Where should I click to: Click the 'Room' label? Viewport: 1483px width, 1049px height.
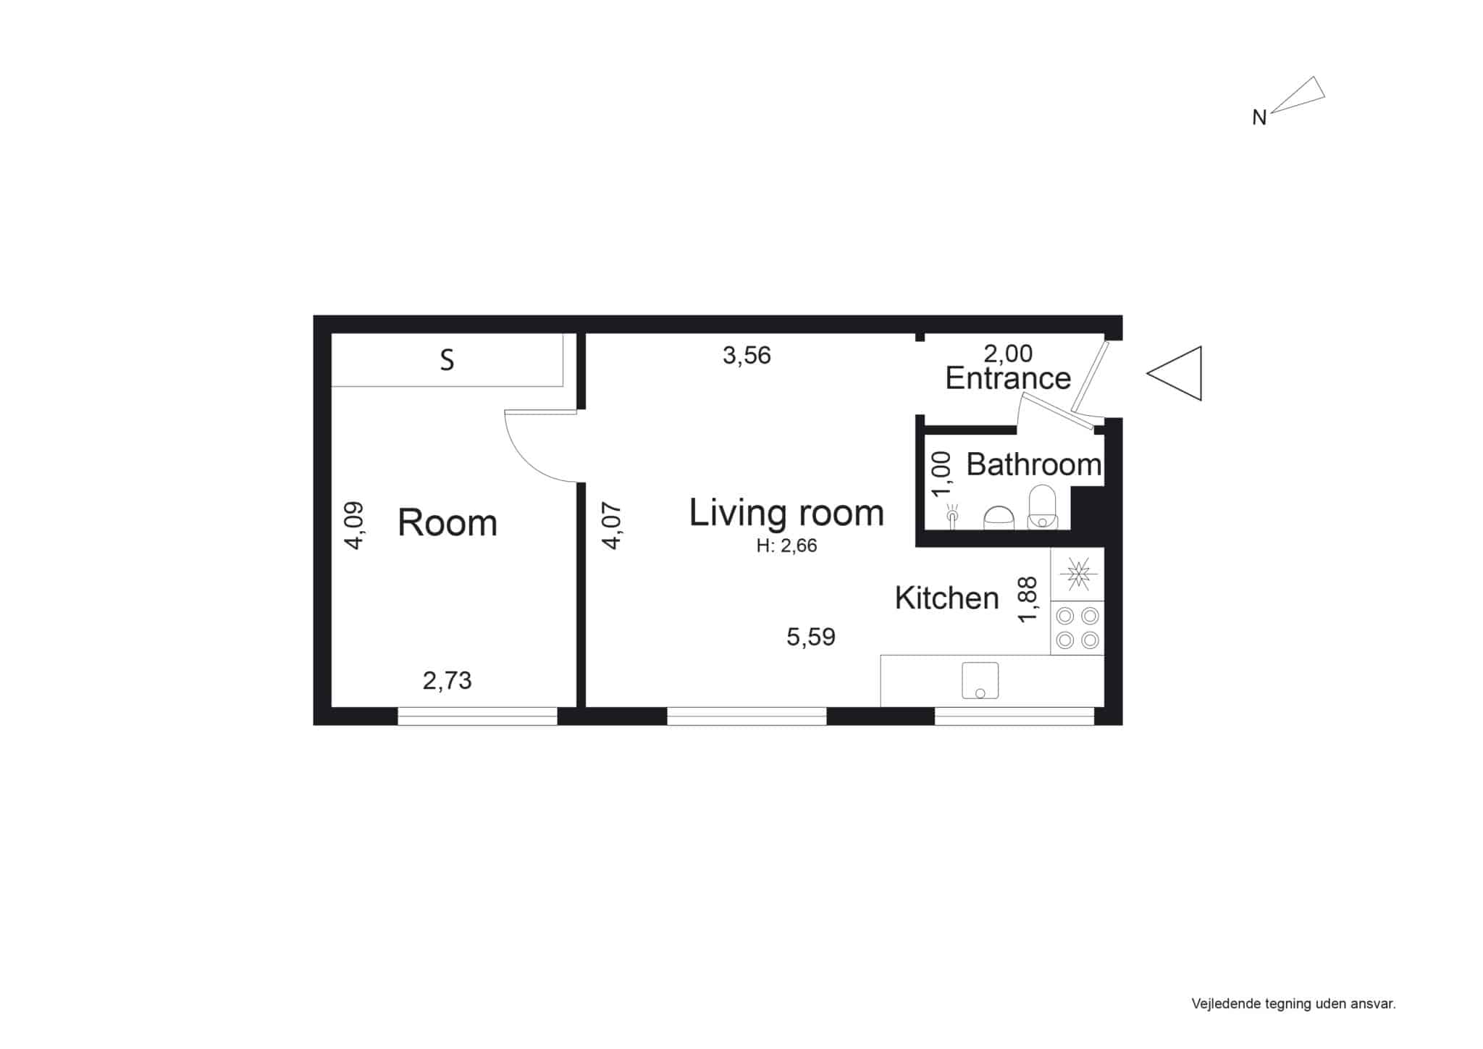pos(448,522)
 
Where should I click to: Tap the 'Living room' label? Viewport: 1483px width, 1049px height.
pos(786,513)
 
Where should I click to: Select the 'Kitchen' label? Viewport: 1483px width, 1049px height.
pos(946,598)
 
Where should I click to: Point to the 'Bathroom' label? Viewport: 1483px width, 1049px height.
pos(1034,464)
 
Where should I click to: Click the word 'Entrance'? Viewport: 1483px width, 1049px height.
pos(1008,378)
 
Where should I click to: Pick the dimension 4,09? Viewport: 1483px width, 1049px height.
pos(354,525)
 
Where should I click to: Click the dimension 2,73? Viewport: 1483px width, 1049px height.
pos(447,680)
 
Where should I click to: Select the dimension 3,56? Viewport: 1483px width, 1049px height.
pos(747,355)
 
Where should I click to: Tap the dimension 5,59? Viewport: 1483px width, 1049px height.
pos(811,637)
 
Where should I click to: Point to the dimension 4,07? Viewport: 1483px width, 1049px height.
pos(612,525)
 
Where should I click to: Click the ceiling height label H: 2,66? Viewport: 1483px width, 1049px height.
pos(786,546)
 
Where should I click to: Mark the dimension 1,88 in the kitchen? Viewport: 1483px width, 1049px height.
pos(1028,599)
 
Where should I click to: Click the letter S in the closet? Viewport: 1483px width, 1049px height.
pos(448,360)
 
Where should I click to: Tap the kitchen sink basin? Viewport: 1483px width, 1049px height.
pos(980,680)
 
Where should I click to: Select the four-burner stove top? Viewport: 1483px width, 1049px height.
pos(1077,628)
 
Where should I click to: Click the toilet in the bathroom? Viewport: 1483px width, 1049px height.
pos(1043,506)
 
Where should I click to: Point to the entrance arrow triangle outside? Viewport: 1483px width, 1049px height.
pos(1174,373)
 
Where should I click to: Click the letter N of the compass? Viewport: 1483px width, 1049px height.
pos(1259,118)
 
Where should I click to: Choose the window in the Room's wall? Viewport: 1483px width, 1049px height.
pos(477,716)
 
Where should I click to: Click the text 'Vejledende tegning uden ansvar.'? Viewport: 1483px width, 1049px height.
pos(1293,1003)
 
